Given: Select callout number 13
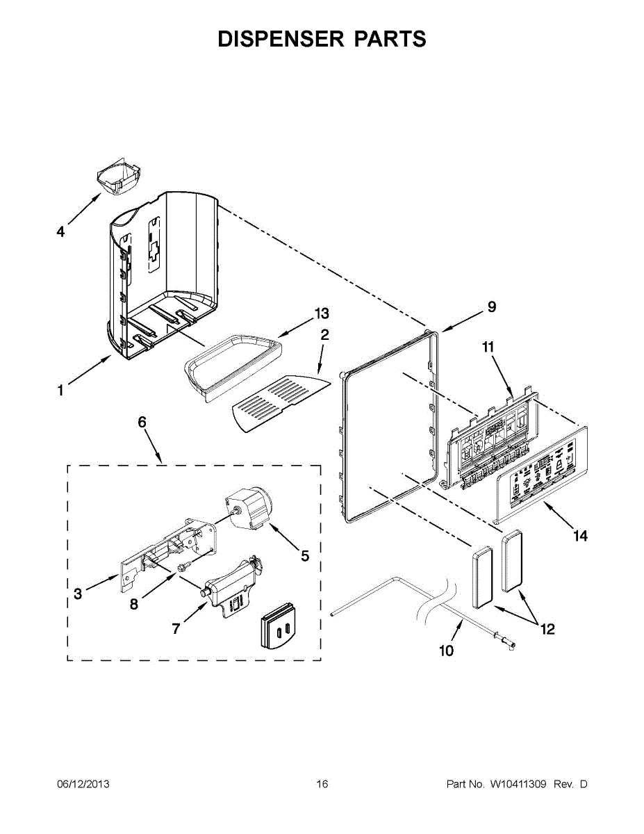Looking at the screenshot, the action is [322, 313].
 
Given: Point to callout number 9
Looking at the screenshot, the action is [491, 306].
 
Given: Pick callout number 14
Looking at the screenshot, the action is [580, 536].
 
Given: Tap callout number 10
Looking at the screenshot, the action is [446, 651].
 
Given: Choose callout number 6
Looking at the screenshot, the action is [142, 422].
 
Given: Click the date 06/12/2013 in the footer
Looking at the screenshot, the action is [83, 785].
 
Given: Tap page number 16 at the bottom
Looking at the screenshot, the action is [322, 785].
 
